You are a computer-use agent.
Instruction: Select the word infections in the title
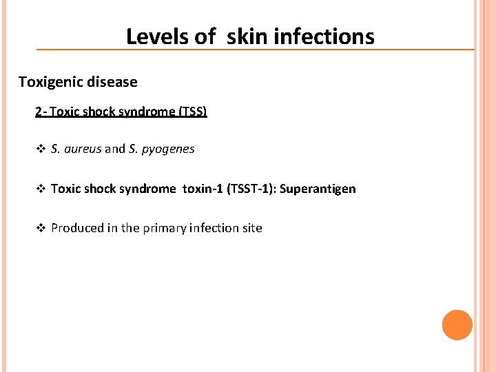click(324, 37)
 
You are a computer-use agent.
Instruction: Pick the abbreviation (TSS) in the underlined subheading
click(192, 111)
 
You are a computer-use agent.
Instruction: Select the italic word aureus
click(83, 149)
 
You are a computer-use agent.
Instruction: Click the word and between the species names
click(115, 149)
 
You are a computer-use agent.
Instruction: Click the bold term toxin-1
click(205, 189)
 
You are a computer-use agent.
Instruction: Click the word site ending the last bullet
click(251, 228)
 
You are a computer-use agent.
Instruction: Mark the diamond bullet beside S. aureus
click(40, 149)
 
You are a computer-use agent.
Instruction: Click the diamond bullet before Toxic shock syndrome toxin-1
click(40, 189)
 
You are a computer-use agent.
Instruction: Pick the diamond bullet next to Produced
click(40, 228)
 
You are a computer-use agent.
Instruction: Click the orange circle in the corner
click(457, 325)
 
